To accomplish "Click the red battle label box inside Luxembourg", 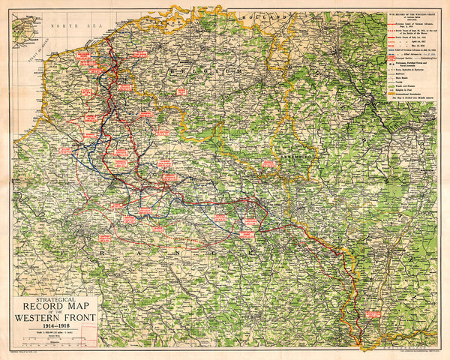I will (268, 163).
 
